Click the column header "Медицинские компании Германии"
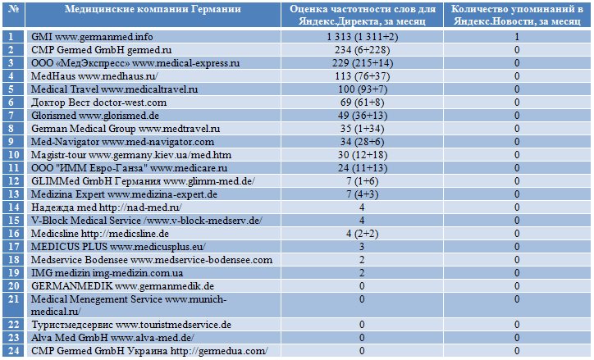(153, 9)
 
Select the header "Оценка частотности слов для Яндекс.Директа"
(362, 15)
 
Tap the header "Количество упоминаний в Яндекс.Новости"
(517, 15)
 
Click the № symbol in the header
(14, 9)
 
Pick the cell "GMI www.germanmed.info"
(92, 37)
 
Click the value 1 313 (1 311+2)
(362, 37)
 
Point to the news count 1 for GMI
(517, 37)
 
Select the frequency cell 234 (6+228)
(362, 50)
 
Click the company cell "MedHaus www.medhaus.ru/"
(94, 76)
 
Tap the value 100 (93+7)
(362, 89)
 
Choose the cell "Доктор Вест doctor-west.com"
(98, 103)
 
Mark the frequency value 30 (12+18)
(362, 155)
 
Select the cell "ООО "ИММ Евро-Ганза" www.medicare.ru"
(129, 168)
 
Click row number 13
(14, 194)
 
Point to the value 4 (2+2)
(362, 234)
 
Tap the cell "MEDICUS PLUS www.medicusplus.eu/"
(118, 247)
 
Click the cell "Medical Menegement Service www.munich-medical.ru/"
(129, 305)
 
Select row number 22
(14, 325)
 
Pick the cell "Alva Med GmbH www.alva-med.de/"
(112, 338)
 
